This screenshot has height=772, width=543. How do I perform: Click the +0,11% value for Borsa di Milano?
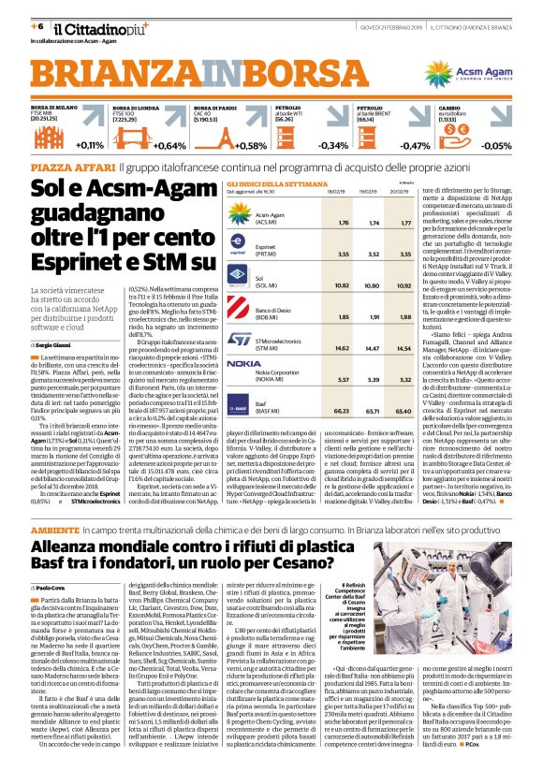(x=90, y=146)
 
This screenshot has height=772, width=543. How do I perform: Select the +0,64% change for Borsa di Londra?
(x=170, y=146)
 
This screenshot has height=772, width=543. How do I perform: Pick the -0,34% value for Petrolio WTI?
(x=332, y=146)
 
